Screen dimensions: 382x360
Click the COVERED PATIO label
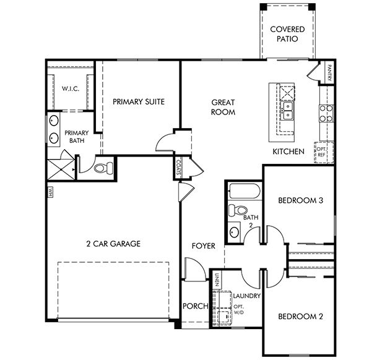tap(287, 34)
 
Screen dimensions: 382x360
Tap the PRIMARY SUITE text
tap(139, 101)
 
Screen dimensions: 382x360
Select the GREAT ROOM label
tap(223, 107)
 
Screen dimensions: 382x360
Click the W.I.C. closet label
tap(71, 88)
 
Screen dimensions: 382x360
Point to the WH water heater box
tap(50, 190)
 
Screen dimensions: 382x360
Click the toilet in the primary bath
tap(104, 168)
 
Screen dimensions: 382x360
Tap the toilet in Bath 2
tap(238, 210)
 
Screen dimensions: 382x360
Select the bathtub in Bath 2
tap(245, 191)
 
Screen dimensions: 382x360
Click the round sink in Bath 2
tap(235, 232)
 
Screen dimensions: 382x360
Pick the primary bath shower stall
tap(61, 169)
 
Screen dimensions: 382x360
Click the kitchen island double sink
tap(288, 111)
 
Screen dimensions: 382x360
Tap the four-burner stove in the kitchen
tap(326, 113)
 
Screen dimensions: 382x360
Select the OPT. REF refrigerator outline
tap(324, 152)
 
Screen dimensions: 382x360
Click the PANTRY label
tap(329, 72)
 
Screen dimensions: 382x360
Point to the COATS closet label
tap(178, 167)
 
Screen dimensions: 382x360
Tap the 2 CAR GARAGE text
tap(113, 244)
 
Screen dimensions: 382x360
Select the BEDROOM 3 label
tap(301, 200)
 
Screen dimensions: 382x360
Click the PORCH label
tap(196, 306)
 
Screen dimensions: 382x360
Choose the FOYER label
tap(204, 246)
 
